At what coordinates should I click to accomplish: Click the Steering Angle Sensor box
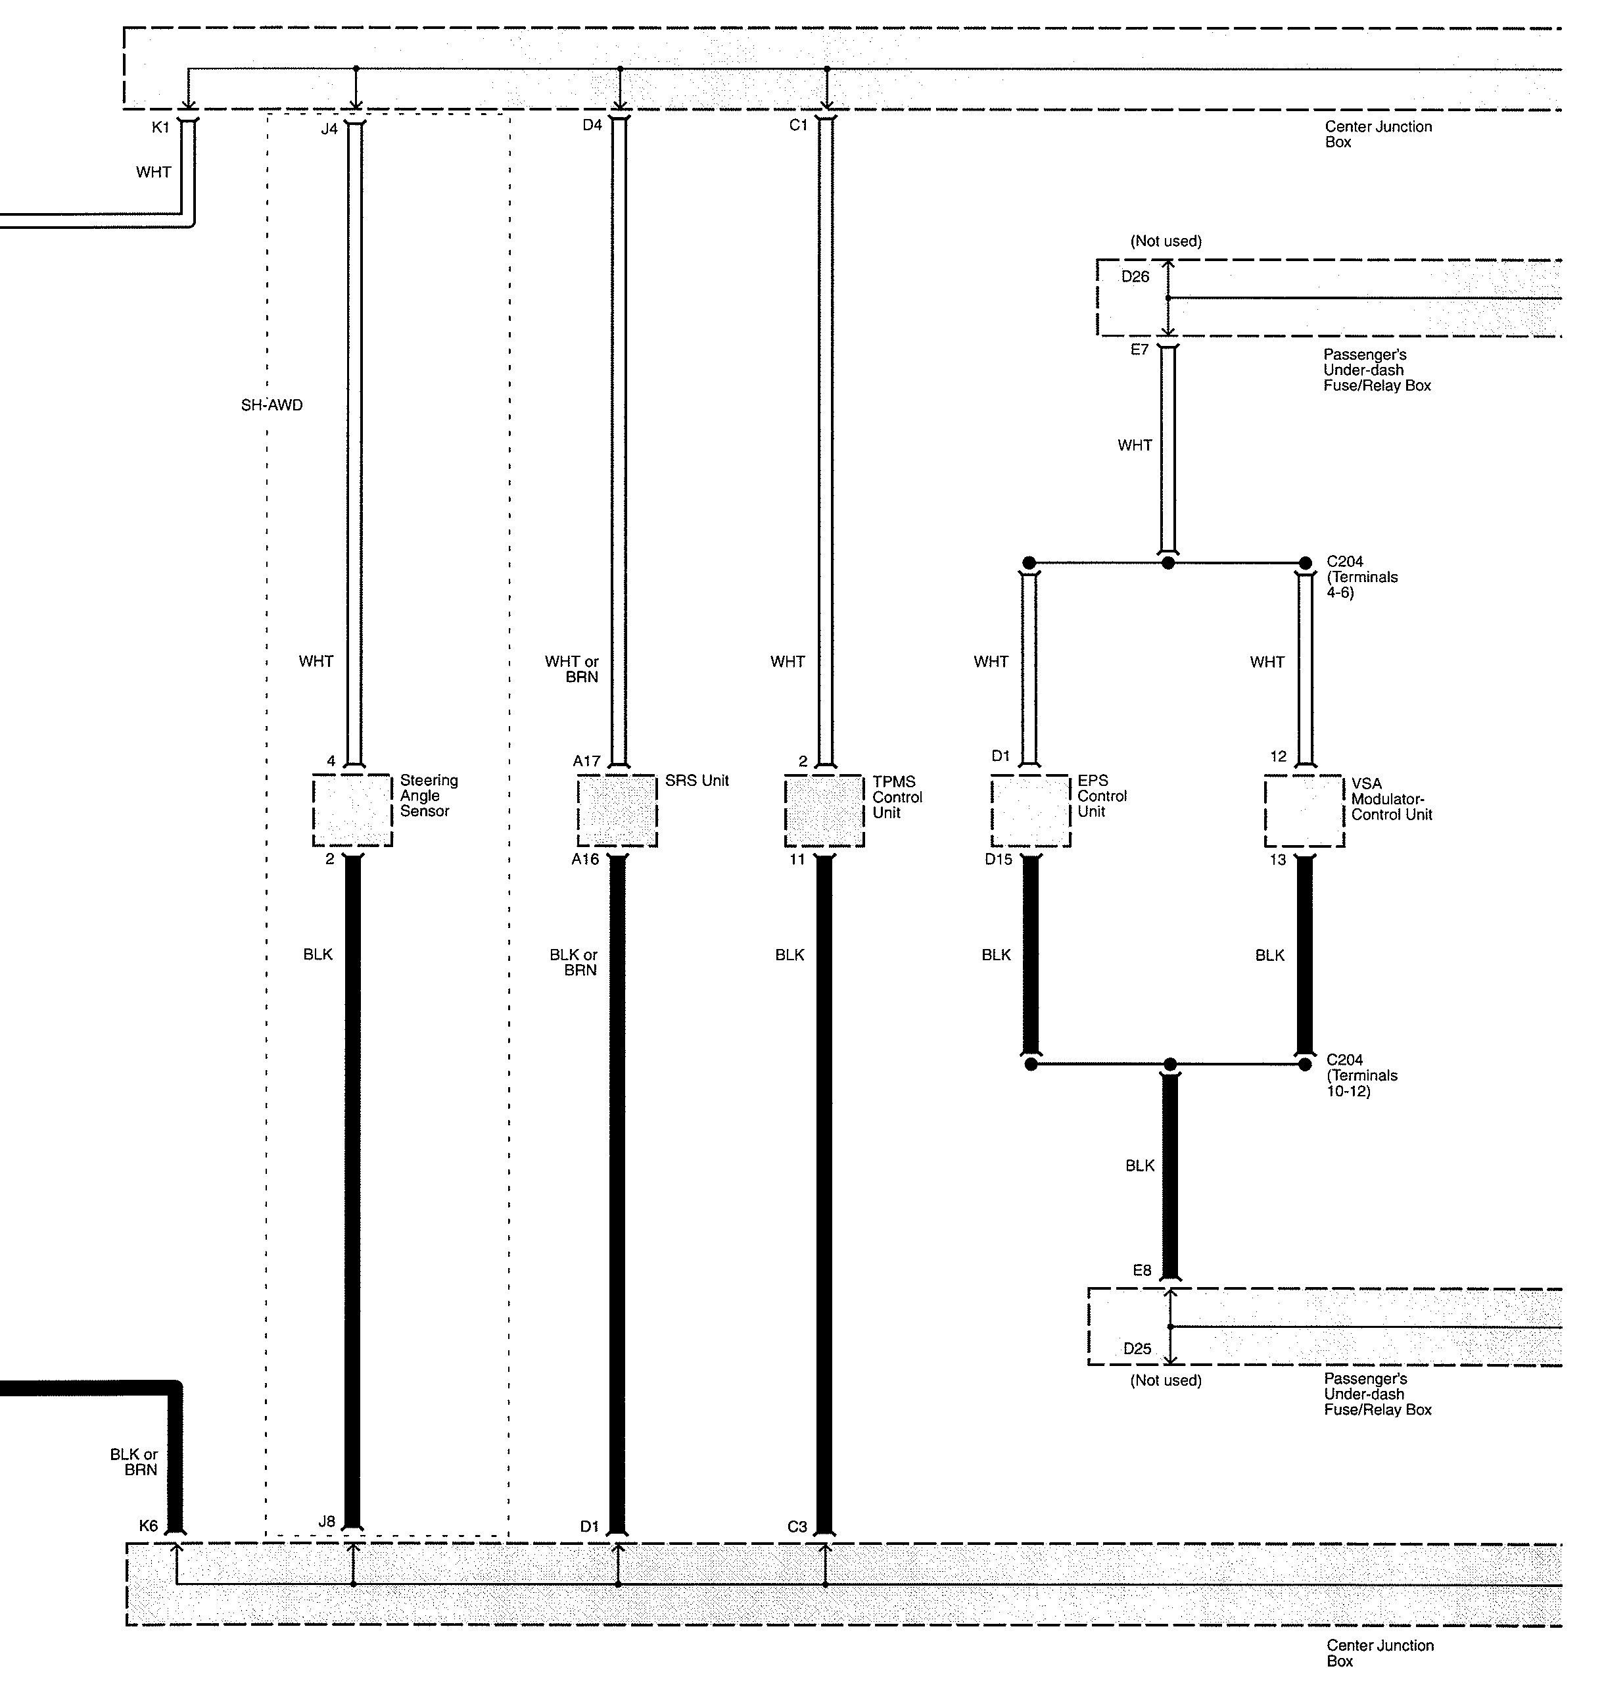click(352, 810)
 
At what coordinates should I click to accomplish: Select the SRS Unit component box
click(617, 810)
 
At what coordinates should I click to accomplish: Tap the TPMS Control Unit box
click(824, 810)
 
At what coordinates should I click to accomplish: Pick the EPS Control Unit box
click(1030, 810)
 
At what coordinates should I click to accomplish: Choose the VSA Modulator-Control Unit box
click(1304, 810)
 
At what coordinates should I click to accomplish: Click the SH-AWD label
click(272, 405)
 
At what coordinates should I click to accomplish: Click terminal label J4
click(329, 129)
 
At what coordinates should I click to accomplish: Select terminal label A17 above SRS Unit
click(586, 760)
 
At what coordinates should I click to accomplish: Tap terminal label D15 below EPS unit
click(998, 860)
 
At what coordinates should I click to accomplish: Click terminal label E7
click(1140, 349)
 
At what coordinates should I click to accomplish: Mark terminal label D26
click(1135, 276)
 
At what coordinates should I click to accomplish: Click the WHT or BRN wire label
click(572, 669)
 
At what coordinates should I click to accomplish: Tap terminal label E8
click(1143, 1271)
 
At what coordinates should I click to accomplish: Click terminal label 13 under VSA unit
click(1277, 860)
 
